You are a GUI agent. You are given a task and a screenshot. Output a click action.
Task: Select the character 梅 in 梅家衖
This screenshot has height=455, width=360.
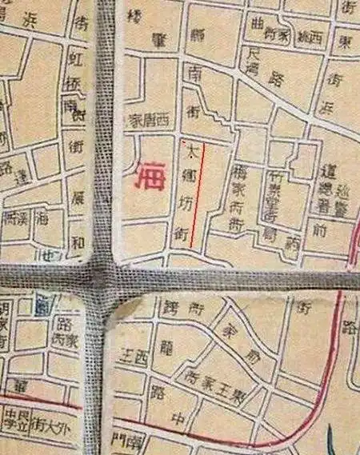238,172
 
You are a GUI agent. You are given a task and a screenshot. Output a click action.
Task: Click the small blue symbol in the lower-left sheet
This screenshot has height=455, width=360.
39,304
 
